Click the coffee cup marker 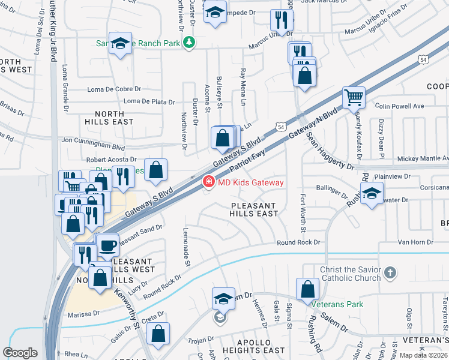pyautogui.click(x=108, y=245)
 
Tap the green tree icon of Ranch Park pyautogui.click(x=190, y=43)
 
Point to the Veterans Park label pyautogui.click(x=342, y=304)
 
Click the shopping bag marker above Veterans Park pyautogui.click(x=307, y=289)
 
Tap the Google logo pyautogui.click(x=20, y=353)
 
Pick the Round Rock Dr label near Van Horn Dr pyautogui.click(x=298, y=242)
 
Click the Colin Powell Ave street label pyautogui.click(x=399, y=106)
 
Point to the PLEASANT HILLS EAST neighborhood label pyautogui.click(x=255, y=209)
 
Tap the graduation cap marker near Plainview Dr pyautogui.click(x=372, y=194)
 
